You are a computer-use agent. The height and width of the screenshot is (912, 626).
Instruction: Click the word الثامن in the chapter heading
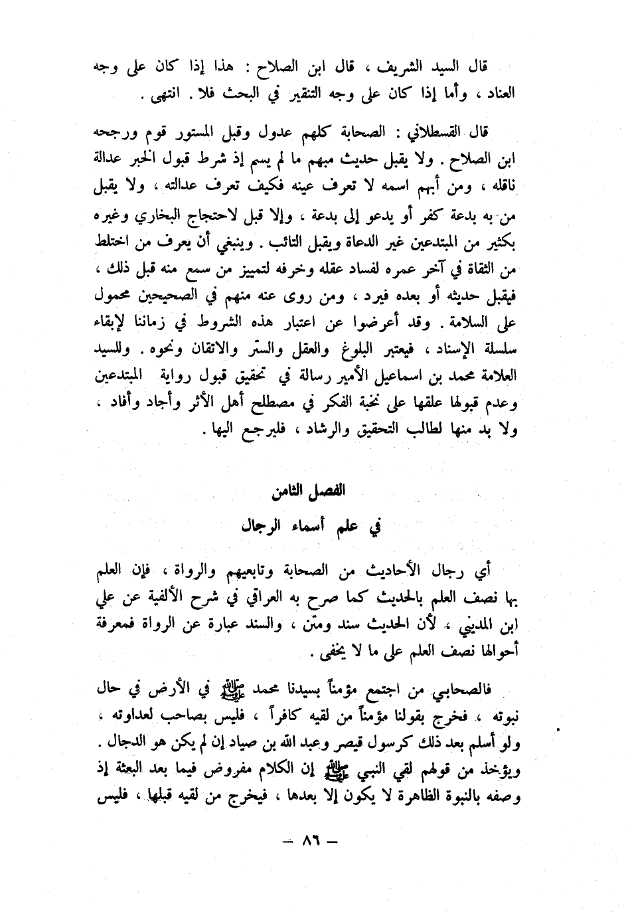tap(291, 493)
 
